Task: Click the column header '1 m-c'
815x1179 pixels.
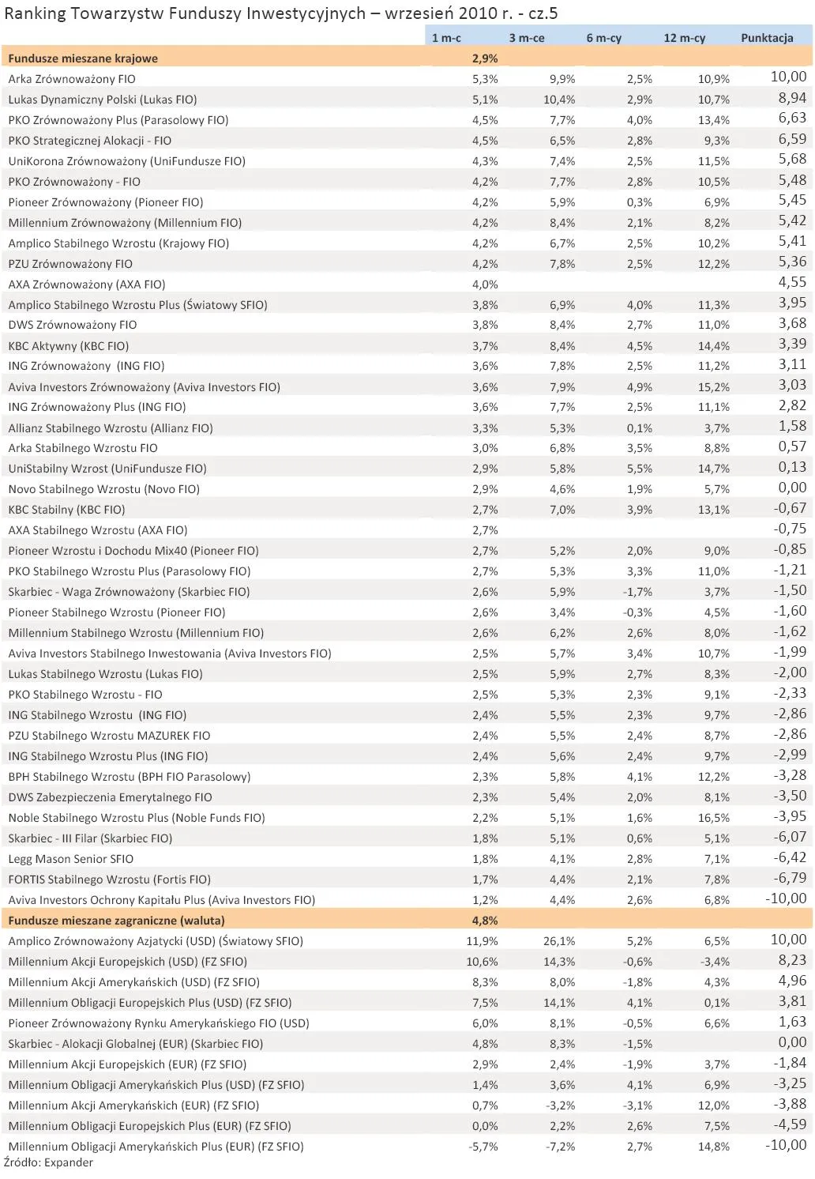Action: [x=446, y=38]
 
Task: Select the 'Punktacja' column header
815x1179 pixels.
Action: [x=766, y=38]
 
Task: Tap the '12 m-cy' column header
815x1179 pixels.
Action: [x=684, y=38]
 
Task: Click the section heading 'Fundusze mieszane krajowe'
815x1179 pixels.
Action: [x=83, y=58]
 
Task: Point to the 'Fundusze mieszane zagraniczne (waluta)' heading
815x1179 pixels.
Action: [x=116, y=921]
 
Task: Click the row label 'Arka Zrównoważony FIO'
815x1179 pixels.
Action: [x=72, y=79]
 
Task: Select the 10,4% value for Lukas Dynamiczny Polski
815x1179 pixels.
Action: [x=559, y=100]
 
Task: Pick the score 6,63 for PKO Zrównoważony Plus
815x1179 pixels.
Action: [x=792, y=119]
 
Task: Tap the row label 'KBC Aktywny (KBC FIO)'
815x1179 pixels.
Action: [x=69, y=346]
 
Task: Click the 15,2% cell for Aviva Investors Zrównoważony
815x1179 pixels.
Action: [x=714, y=387]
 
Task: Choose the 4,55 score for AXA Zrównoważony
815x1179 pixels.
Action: [x=792, y=283]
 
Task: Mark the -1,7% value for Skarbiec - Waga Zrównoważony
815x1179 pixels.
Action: [x=637, y=592]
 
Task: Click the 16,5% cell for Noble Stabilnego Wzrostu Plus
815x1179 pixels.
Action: [x=714, y=818]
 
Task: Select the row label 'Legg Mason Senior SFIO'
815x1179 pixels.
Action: [x=71, y=859]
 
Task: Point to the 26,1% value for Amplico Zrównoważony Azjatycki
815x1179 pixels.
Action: [x=559, y=941]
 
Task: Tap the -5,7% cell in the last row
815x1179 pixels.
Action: [x=483, y=1147]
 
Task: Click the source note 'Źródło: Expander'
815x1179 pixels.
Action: [x=48, y=1162]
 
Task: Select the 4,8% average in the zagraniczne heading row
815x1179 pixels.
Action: [x=485, y=921]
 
